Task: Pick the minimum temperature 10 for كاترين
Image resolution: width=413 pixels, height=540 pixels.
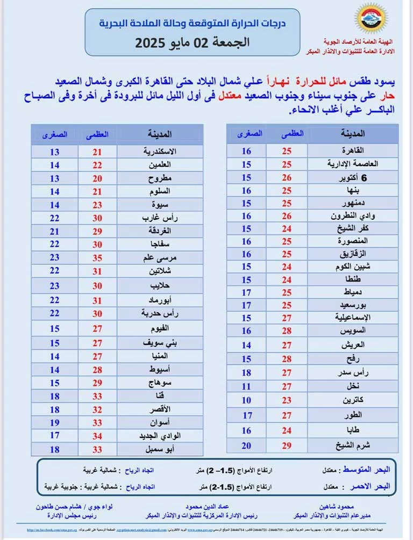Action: [x=246, y=400]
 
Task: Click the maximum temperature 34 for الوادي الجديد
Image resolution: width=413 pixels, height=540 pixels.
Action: [x=97, y=435]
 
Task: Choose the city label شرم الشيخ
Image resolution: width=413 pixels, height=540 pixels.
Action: [x=350, y=445]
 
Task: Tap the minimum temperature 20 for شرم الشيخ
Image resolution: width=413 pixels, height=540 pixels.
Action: [x=246, y=445]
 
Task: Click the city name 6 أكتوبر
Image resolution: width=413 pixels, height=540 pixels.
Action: [x=353, y=177]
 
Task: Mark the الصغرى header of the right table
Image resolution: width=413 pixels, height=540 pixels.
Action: [x=250, y=133]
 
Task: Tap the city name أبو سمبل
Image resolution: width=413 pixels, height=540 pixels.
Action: [x=161, y=449]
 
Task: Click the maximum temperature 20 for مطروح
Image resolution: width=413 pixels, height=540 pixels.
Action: [x=97, y=178]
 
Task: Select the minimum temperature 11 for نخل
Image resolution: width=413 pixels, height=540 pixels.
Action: [x=246, y=386]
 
